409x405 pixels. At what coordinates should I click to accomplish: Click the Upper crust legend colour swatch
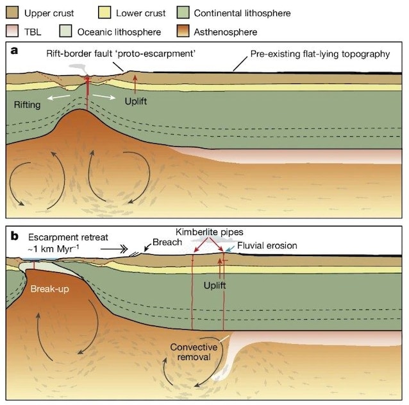[x=12, y=13]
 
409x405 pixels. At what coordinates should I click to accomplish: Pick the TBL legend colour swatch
[x=12, y=31]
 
